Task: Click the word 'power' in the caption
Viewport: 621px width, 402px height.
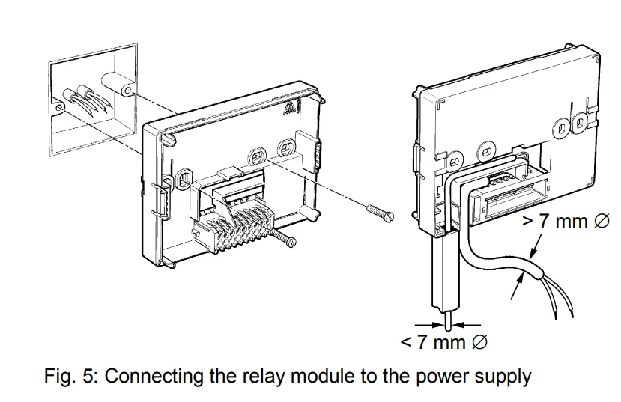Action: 444,375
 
